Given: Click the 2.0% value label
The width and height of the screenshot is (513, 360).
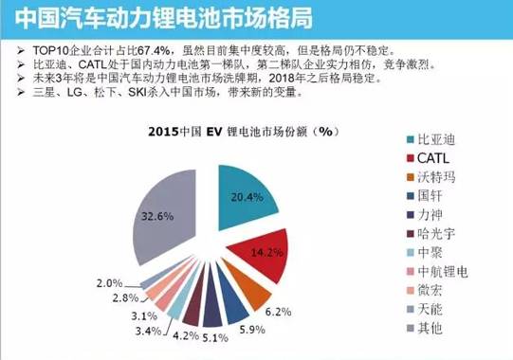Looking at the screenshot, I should tap(111, 282).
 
